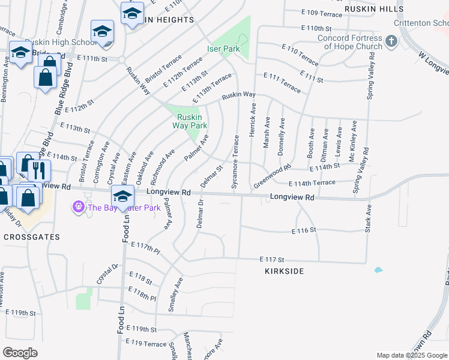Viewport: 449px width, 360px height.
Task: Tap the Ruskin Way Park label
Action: coord(189,121)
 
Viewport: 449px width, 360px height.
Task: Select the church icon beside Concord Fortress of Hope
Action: coord(391,42)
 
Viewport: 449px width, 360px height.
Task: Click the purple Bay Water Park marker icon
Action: coord(78,208)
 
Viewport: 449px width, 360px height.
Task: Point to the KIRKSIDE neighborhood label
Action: coord(284,271)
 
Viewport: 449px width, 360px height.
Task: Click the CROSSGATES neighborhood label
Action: coord(31,237)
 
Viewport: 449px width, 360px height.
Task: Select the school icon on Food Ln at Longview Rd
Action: coord(122,196)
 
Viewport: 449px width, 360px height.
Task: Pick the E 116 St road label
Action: coord(304,231)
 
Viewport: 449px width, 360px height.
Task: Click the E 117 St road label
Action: coord(272,259)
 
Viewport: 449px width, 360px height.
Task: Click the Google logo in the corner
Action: coord(20,353)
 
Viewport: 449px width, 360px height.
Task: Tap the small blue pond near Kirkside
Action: coord(378,270)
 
